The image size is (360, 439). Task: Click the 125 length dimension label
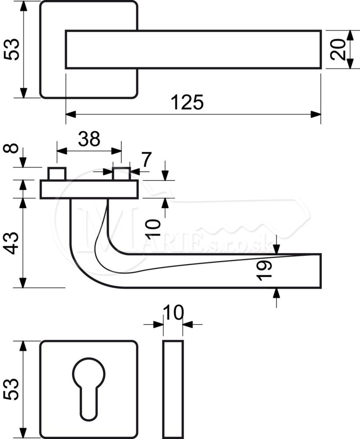(187, 102)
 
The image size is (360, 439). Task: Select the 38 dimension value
(89, 139)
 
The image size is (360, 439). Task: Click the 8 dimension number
(11, 148)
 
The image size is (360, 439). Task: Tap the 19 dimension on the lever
(264, 270)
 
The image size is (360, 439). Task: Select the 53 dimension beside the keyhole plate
(11, 389)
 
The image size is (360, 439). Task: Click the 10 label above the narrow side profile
(173, 313)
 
